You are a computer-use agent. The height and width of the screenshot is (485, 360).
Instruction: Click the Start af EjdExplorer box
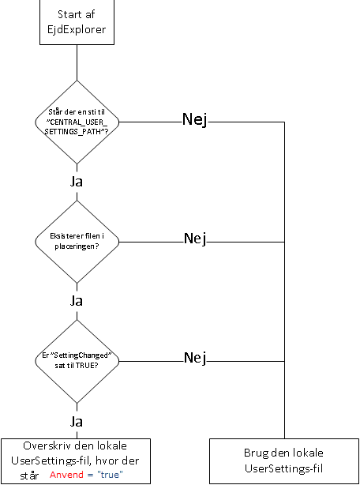click(77, 23)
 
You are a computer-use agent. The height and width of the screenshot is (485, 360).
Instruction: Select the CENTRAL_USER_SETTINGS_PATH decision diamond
click(77, 122)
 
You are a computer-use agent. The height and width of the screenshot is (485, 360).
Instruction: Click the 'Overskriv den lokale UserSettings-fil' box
click(77, 460)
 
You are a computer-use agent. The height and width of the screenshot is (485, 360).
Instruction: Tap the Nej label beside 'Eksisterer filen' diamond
click(194, 238)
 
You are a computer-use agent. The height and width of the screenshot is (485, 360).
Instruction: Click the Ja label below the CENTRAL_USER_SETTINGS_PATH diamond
click(77, 181)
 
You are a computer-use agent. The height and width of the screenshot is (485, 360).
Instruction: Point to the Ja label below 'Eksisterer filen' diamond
click(77, 300)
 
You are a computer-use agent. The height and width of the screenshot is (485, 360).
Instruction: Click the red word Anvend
click(67, 476)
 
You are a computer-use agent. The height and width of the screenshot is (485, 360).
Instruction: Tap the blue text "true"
click(112, 476)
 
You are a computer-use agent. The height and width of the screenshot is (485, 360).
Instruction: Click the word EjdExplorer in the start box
click(77, 30)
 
